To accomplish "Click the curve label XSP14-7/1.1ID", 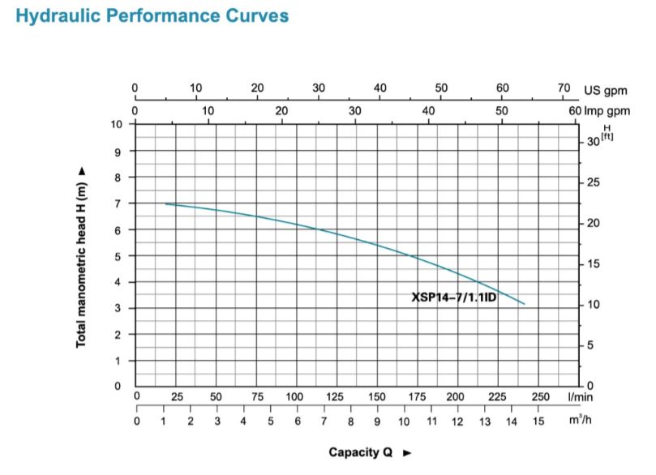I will [x=454, y=297].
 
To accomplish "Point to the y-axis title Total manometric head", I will [x=81, y=258].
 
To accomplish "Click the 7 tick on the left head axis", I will [x=117, y=203].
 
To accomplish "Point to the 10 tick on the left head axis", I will [x=117, y=125].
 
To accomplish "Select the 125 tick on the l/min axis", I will [x=336, y=396].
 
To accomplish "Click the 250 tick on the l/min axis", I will [x=540, y=396].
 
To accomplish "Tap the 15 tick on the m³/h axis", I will [x=538, y=422].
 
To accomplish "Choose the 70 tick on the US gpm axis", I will [x=564, y=88].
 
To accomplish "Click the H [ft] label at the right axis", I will [x=606, y=133].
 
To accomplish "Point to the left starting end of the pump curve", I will [x=165, y=203].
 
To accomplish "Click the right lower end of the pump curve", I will [x=525, y=304].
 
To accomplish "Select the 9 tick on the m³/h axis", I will [x=377, y=422].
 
